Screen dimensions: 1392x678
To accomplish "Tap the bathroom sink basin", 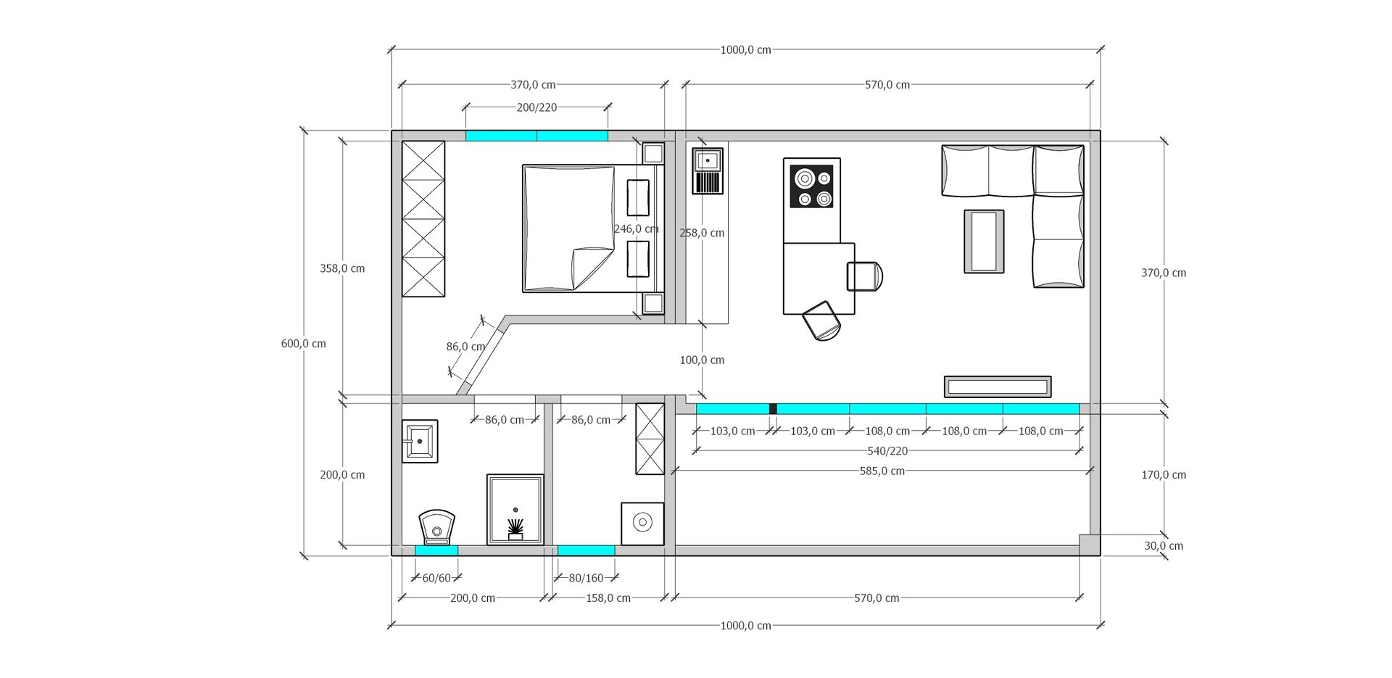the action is pos(420,441).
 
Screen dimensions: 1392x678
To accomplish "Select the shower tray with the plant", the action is pos(515,509).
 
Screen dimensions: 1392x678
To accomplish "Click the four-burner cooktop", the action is pos(812,186).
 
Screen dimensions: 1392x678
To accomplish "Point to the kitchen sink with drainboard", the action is pos(707,171).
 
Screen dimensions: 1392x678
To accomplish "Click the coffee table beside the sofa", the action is pos(984,241).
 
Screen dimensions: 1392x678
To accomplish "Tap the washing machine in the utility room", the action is pos(642,524).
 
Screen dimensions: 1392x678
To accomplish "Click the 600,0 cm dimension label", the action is pos(304,344).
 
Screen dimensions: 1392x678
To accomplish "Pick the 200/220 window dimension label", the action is pos(536,107).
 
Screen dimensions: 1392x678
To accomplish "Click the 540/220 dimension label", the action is pos(887,451).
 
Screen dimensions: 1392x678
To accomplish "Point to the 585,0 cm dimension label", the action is pos(882,471).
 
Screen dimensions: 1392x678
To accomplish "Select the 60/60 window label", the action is pos(436,579).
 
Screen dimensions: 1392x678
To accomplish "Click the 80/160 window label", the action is pos(586,579).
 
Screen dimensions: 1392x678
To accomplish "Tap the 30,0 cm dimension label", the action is pos(1164,546).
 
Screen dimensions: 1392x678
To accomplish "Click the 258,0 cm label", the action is pos(702,233).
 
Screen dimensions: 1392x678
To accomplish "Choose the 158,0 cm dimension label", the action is pos(608,598).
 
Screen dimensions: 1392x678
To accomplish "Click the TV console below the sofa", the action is pos(998,386).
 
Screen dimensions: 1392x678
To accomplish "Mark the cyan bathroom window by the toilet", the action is pos(436,550).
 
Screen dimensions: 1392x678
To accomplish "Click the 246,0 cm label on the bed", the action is pos(636,229).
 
